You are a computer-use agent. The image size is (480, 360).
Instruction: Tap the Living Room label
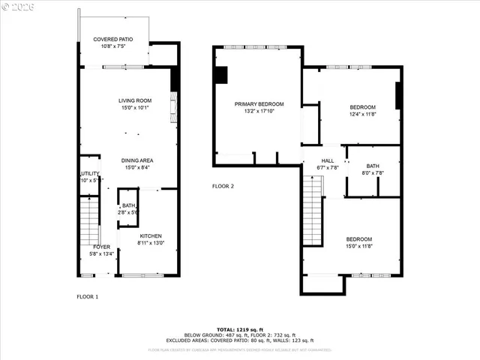[x=135, y=100]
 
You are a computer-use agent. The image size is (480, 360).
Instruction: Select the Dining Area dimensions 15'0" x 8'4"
[x=137, y=167]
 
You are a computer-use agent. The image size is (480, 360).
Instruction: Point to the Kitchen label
[x=150, y=235]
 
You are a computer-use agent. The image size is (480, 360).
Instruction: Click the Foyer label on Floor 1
[x=101, y=247]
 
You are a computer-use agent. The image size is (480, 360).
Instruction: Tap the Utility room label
[x=89, y=173]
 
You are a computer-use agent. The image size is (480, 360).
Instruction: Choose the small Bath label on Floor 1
[x=129, y=205]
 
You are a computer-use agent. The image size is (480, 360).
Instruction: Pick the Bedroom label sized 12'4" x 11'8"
[x=361, y=107]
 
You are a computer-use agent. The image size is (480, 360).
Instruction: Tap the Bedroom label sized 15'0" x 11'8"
[x=358, y=239]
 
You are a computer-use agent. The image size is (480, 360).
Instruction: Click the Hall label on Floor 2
[x=328, y=160]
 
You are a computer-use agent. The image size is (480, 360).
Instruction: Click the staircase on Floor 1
[x=89, y=221]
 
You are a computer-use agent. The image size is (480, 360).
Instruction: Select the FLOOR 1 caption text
[x=88, y=297]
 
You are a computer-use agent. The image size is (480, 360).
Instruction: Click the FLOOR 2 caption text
[x=223, y=186]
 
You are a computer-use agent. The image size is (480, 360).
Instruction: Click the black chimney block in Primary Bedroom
[x=221, y=76]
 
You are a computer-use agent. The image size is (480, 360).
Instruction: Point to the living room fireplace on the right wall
[x=173, y=107]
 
